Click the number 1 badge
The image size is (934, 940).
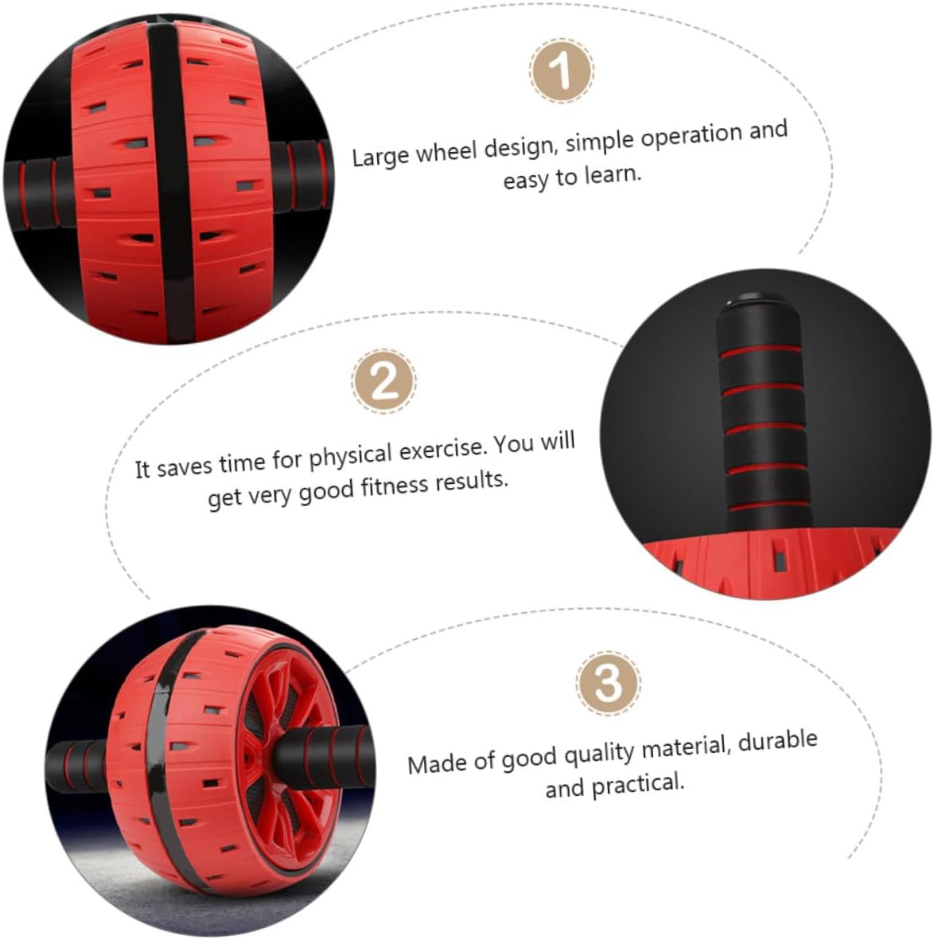pos(562,70)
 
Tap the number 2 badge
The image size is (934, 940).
pos(383,381)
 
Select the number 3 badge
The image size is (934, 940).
pos(608,683)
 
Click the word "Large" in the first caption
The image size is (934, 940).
pos(381,157)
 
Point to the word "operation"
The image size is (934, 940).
pos(691,136)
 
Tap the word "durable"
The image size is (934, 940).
pos(777,741)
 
